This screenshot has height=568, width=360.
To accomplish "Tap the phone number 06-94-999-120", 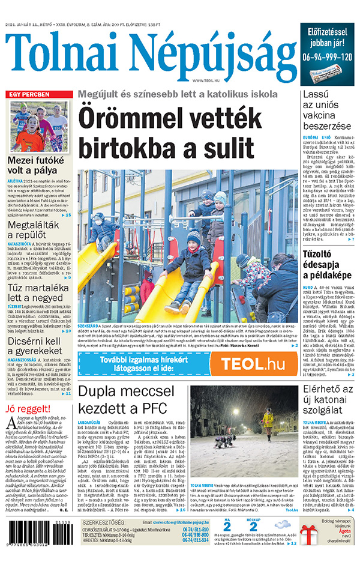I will [x=327, y=57].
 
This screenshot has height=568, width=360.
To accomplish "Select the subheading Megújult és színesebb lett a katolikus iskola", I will [x=178, y=94].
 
